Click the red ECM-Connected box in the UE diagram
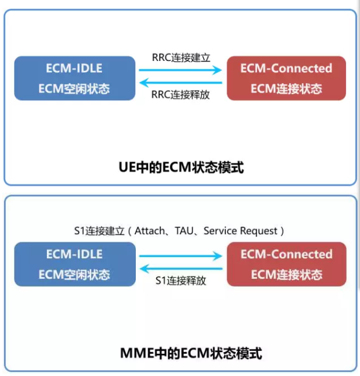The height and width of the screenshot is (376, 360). coord(286,78)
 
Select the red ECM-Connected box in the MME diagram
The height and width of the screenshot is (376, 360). coord(286,264)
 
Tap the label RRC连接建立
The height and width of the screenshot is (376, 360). coord(180,58)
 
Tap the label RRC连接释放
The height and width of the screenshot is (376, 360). coord(180,95)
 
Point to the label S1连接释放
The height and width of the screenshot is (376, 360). coord(180,281)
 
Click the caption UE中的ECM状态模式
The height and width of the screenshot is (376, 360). coord(180,168)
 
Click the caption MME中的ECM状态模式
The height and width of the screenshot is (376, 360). coord(180,353)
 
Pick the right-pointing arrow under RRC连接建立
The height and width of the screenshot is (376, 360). coord(180,70)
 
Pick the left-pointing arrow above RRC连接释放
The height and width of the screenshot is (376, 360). coord(180,83)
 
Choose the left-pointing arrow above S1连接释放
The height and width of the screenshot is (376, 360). coord(180,269)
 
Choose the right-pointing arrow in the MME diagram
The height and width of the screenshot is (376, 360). coord(180,256)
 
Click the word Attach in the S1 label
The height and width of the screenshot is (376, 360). coord(150,231)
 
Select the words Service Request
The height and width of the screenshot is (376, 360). coord(240,231)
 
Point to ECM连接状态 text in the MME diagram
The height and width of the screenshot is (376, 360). coord(286,275)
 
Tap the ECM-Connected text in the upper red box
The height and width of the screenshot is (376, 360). coord(286,68)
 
